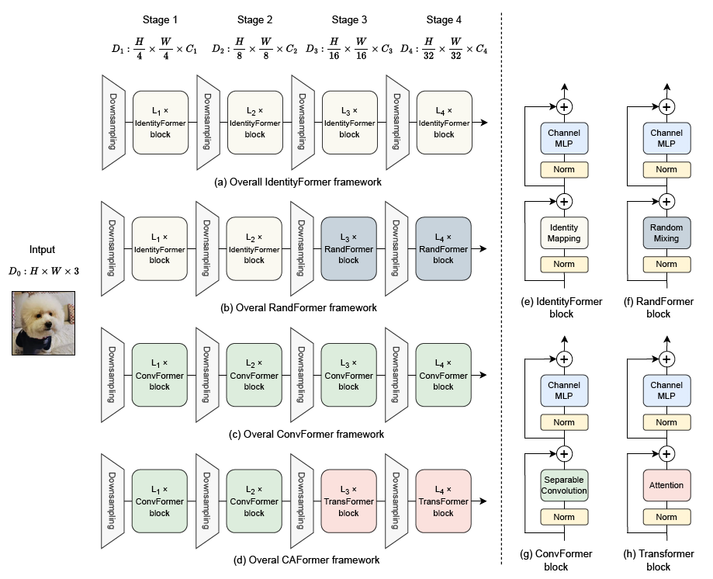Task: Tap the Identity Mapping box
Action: [564, 233]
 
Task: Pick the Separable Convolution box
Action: [564, 485]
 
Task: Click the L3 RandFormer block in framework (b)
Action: [348, 249]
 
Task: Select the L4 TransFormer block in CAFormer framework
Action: [443, 502]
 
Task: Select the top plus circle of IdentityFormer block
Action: [564, 106]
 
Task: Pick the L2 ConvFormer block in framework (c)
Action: [254, 376]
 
